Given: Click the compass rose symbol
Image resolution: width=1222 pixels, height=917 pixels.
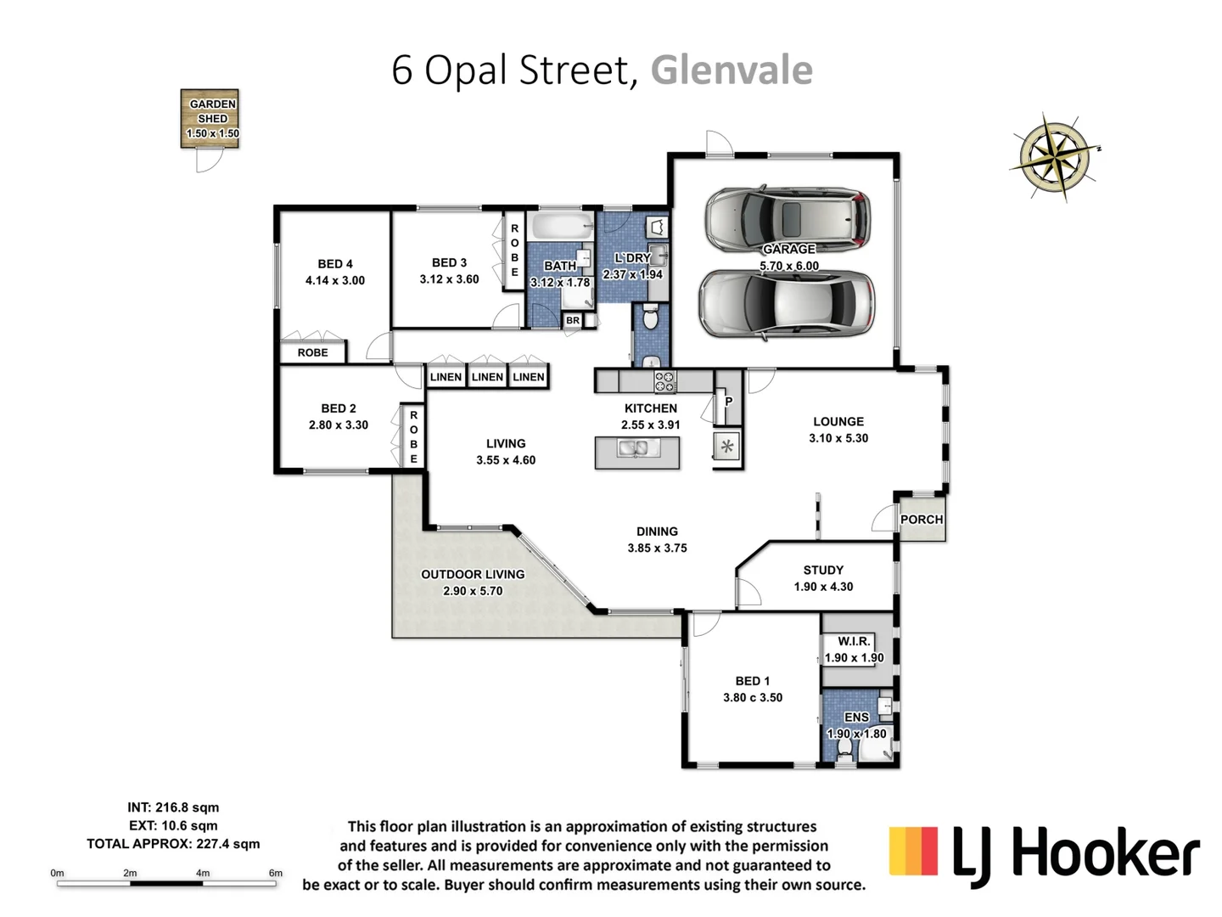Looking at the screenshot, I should pyautogui.click(x=1054, y=157).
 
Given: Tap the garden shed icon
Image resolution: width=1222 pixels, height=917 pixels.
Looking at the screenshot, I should pyautogui.click(x=210, y=119).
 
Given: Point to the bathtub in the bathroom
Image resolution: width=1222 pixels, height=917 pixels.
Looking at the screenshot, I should pyautogui.click(x=558, y=227).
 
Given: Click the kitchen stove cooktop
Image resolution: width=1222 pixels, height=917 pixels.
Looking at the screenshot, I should pyautogui.click(x=664, y=381).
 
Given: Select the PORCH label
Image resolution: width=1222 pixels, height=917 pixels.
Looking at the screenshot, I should pyautogui.click(x=921, y=520).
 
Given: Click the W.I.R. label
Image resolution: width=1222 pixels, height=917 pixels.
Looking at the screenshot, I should pyautogui.click(x=854, y=641).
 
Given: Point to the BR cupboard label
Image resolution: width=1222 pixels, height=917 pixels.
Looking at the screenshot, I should pyautogui.click(x=573, y=321).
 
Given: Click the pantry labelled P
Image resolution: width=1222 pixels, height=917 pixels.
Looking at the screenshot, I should pyautogui.click(x=728, y=402).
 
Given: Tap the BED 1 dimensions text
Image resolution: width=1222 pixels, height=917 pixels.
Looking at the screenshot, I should pyautogui.click(x=753, y=697).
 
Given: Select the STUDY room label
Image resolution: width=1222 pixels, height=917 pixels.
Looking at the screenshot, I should pyautogui.click(x=823, y=570).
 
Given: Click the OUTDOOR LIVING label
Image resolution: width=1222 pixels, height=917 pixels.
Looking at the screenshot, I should pyautogui.click(x=473, y=574).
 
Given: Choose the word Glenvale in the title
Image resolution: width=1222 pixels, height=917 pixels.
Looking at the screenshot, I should pyautogui.click(x=732, y=70).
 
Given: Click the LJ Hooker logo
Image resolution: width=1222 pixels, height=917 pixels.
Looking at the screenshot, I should pyautogui.click(x=1044, y=853).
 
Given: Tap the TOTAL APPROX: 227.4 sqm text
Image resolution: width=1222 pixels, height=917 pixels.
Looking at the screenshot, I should pyautogui.click(x=173, y=844).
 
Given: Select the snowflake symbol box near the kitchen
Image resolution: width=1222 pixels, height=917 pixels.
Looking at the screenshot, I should pyautogui.click(x=727, y=447).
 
